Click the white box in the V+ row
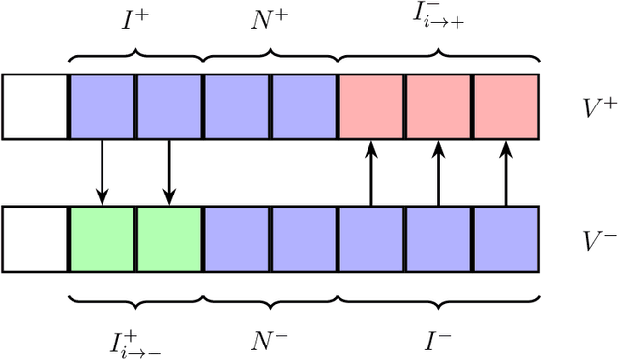point(35,106)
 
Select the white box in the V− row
point(35,239)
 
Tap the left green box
point(102,239)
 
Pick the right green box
point(169,239)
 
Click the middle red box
point(438,106)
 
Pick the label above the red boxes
point(438,17)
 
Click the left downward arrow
point(102,172)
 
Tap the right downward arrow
point(169,172)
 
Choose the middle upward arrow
point(438,172)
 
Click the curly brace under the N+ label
point(271,54)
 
